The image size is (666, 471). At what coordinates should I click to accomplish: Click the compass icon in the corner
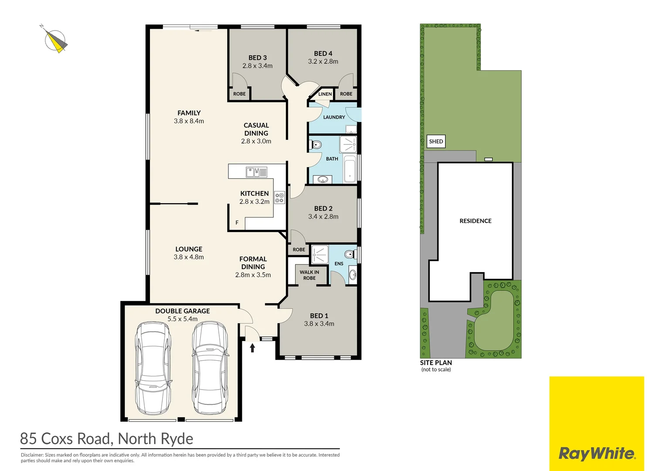point(55,41)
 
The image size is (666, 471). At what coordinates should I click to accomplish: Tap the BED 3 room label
point(257,58)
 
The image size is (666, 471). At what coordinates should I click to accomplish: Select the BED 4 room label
point(323,53)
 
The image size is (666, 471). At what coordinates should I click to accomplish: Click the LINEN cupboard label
point(325,94)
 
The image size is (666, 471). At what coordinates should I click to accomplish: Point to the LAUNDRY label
point(334,117)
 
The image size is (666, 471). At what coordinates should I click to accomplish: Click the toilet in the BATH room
point(316,144)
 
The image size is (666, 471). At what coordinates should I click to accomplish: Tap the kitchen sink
point(256,172)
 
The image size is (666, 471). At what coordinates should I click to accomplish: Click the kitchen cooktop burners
point(279,198)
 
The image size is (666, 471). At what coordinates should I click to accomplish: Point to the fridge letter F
point(237,222)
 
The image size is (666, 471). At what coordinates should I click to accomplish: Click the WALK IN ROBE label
point(309,275)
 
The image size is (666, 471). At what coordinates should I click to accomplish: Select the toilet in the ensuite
point(349,254)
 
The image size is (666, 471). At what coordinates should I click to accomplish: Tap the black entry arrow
point(252,347)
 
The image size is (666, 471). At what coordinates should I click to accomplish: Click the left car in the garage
point(153,368)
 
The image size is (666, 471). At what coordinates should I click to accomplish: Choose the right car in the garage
point(210,368)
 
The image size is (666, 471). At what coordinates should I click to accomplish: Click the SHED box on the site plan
point(436,141)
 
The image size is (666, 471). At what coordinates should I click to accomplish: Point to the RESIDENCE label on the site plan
point(475,221)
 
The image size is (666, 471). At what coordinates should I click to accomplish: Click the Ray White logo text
point(597,454)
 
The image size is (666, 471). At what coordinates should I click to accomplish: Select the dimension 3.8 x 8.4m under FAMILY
point(189,121)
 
